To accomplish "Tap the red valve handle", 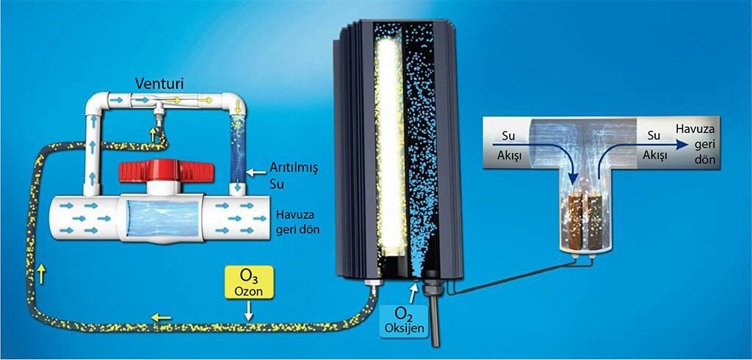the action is [167, 171].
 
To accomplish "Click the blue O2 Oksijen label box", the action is [404, 321].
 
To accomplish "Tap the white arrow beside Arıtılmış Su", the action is [255, 170].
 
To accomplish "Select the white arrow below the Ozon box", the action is [248, 312].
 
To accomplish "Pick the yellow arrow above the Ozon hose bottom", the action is [161, 317].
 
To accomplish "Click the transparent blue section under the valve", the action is [162, 218].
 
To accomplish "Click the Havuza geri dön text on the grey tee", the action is [695, 145].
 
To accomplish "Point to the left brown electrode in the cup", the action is [574, 222].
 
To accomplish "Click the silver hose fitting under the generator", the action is [373, 286].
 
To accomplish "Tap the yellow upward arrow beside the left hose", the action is [41, 274].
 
